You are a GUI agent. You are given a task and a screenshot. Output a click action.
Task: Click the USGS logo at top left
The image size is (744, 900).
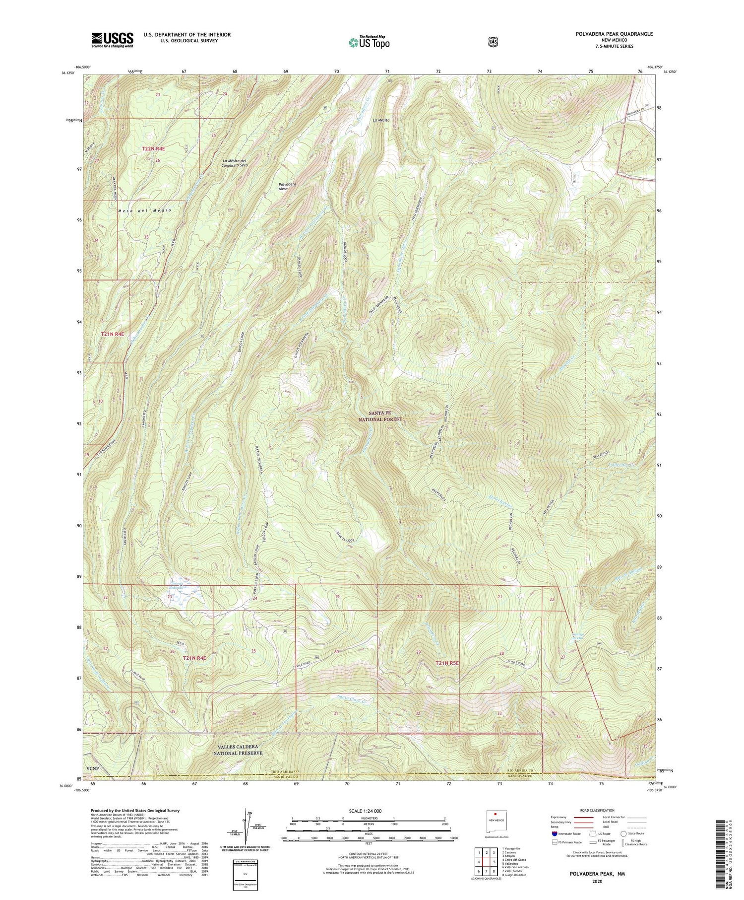pyautogui.click(x=112, y=40)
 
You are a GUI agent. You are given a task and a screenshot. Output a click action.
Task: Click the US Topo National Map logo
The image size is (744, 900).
pyautogui.click(x=369, y=42)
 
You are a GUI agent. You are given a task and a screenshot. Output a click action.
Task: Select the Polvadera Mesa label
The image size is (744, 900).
pyautogui.click(x=287, y=186)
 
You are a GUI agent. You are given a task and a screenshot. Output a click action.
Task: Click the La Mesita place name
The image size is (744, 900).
pyautogui.click(x=381, y=120)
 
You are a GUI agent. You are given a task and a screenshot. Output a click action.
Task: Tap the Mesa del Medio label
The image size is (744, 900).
pyautogui.click(x=145, y=210)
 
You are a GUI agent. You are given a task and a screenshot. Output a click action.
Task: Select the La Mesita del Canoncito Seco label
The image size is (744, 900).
pyautogui.click(x=235, y=163)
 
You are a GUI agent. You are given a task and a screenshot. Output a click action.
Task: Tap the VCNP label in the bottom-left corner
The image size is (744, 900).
pyautogui.click(x=91, y=769)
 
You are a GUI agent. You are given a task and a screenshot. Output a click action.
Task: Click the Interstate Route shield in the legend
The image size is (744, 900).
pyautogui.click(x=554, y=833)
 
